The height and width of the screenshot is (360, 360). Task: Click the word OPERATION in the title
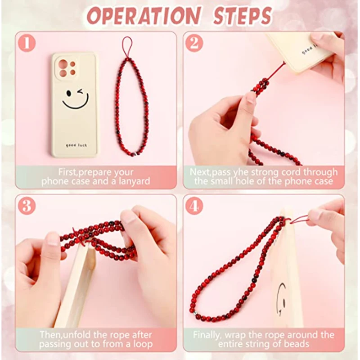tap(144, 16)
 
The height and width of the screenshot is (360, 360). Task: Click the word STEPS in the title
tap(243, 16)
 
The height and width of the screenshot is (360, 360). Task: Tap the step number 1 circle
tap(27, 43)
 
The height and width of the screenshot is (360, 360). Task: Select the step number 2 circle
tap(194, 43)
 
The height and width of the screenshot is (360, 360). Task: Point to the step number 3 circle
tap(27, 206)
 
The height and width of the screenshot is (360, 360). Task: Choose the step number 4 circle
tap(194, 206)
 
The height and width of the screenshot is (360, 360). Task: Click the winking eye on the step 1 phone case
tap(81, 92)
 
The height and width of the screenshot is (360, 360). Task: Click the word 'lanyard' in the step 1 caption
tap(134, 182)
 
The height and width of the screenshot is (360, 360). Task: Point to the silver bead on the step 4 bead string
tap(195, 313)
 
